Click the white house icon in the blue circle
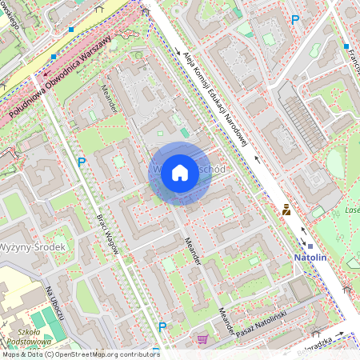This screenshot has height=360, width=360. (x=180, y=173)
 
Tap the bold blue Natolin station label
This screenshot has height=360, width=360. (x=310, y=258)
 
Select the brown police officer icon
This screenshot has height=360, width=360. (x=286, y=210)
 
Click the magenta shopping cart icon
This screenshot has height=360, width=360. (x=203, y=339)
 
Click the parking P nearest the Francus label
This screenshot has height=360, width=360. (x=295, y=19)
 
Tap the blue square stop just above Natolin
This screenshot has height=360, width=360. (x=304, y=245)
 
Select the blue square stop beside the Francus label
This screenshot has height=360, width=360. (x=346, y=47)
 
